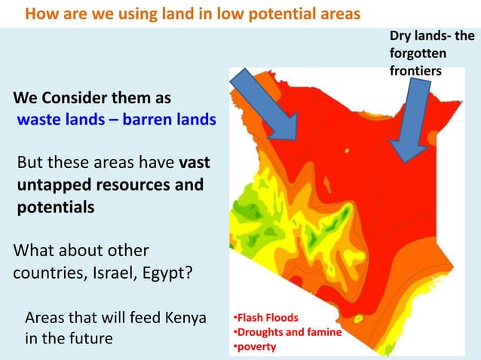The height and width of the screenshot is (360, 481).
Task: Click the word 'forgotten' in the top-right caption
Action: click(x=418, y=54)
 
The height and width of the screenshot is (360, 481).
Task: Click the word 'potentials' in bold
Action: click(x=57, y=207)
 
